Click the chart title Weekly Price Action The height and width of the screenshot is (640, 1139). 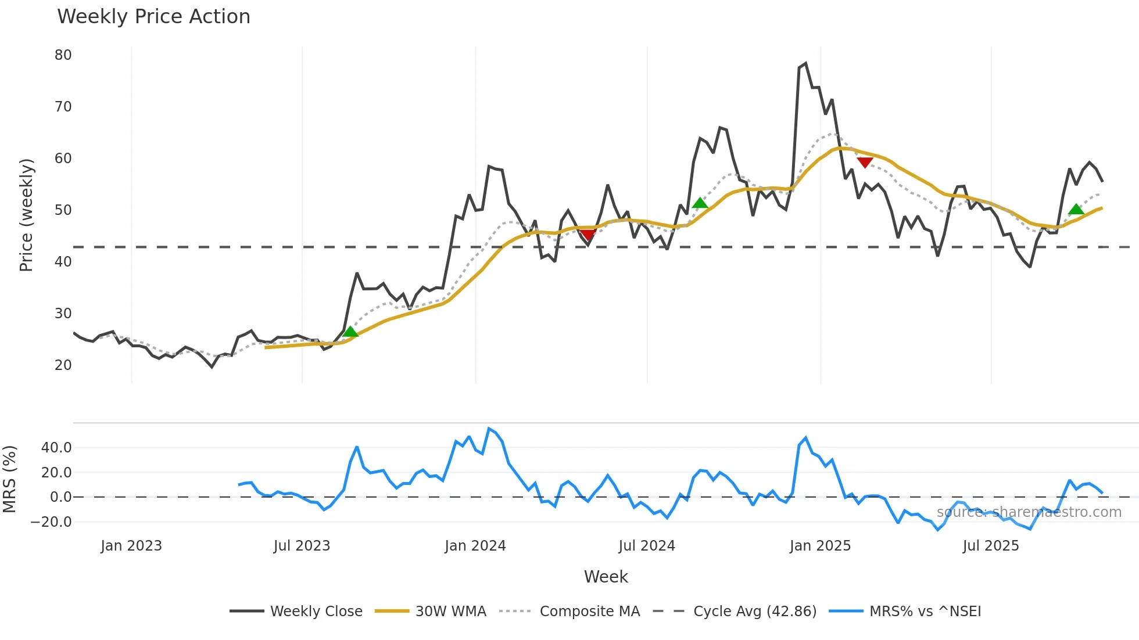click(x=153, y=17)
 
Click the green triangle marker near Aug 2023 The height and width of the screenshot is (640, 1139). click(x=350, y=332)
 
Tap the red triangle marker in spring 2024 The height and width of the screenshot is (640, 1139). click(x=588, y=235)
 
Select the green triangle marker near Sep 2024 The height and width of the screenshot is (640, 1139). click(x=700, y=203)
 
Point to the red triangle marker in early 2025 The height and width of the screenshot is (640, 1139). click(x=865, y=163)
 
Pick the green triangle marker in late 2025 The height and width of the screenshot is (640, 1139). click(x=1076, y=210)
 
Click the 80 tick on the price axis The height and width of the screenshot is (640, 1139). click(x=63, y=55)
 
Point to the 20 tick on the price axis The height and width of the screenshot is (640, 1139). click(x=63, y=365)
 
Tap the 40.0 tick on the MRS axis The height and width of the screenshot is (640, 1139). click(x=56, y=448)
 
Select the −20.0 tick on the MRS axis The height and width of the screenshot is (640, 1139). click(x=51, y=522)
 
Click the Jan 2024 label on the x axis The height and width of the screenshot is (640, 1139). click(x=475, y=546)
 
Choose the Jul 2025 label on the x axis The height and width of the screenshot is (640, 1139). click(x=991, y=546)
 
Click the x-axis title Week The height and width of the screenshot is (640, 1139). click(x=606, y=577)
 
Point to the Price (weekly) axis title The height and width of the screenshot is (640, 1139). click(x=27, y=215)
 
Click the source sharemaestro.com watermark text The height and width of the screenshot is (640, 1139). click(x=1029, y=512)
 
